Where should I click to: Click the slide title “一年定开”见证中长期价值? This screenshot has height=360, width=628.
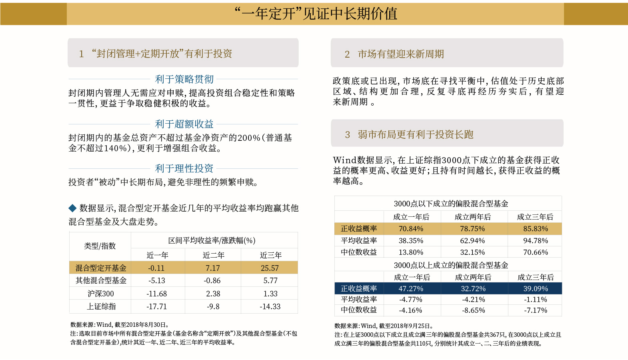[x=316, y=14]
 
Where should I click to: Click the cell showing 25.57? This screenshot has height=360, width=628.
[x=270, y=268]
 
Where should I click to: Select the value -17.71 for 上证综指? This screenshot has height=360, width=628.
[x=157, y=306]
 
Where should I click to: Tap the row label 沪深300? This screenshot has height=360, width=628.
[x=101, y=294]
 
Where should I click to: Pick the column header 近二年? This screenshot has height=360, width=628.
[x=213, y=255]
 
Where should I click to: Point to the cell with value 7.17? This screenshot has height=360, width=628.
[x=213, y=268]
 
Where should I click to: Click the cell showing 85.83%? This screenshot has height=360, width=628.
[x=536, y=229]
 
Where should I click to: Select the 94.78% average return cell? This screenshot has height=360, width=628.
[x=536, y=241]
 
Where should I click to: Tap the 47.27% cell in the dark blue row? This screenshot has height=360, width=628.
[x=411, y=288]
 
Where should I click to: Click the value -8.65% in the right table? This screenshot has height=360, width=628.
[x=474, y=310]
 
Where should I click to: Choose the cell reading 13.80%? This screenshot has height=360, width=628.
[x=411, y=252]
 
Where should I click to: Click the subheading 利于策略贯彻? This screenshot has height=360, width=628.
[x=184, y=79]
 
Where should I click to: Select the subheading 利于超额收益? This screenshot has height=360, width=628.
[x=184, y=124]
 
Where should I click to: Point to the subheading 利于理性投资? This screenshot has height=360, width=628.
[x=184, y=168]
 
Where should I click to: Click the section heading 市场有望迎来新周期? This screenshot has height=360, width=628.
[x=401, y=54]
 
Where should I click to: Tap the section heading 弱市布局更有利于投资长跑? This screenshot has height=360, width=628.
[x=416, y=134]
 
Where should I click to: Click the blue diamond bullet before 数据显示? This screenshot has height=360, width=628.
[x=72, y=208]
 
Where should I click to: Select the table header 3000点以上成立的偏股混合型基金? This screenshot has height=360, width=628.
[x=451, y=265]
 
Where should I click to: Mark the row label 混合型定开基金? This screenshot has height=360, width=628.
[x=101, y=268]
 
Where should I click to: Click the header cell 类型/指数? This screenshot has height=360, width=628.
[x=100, y=246]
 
